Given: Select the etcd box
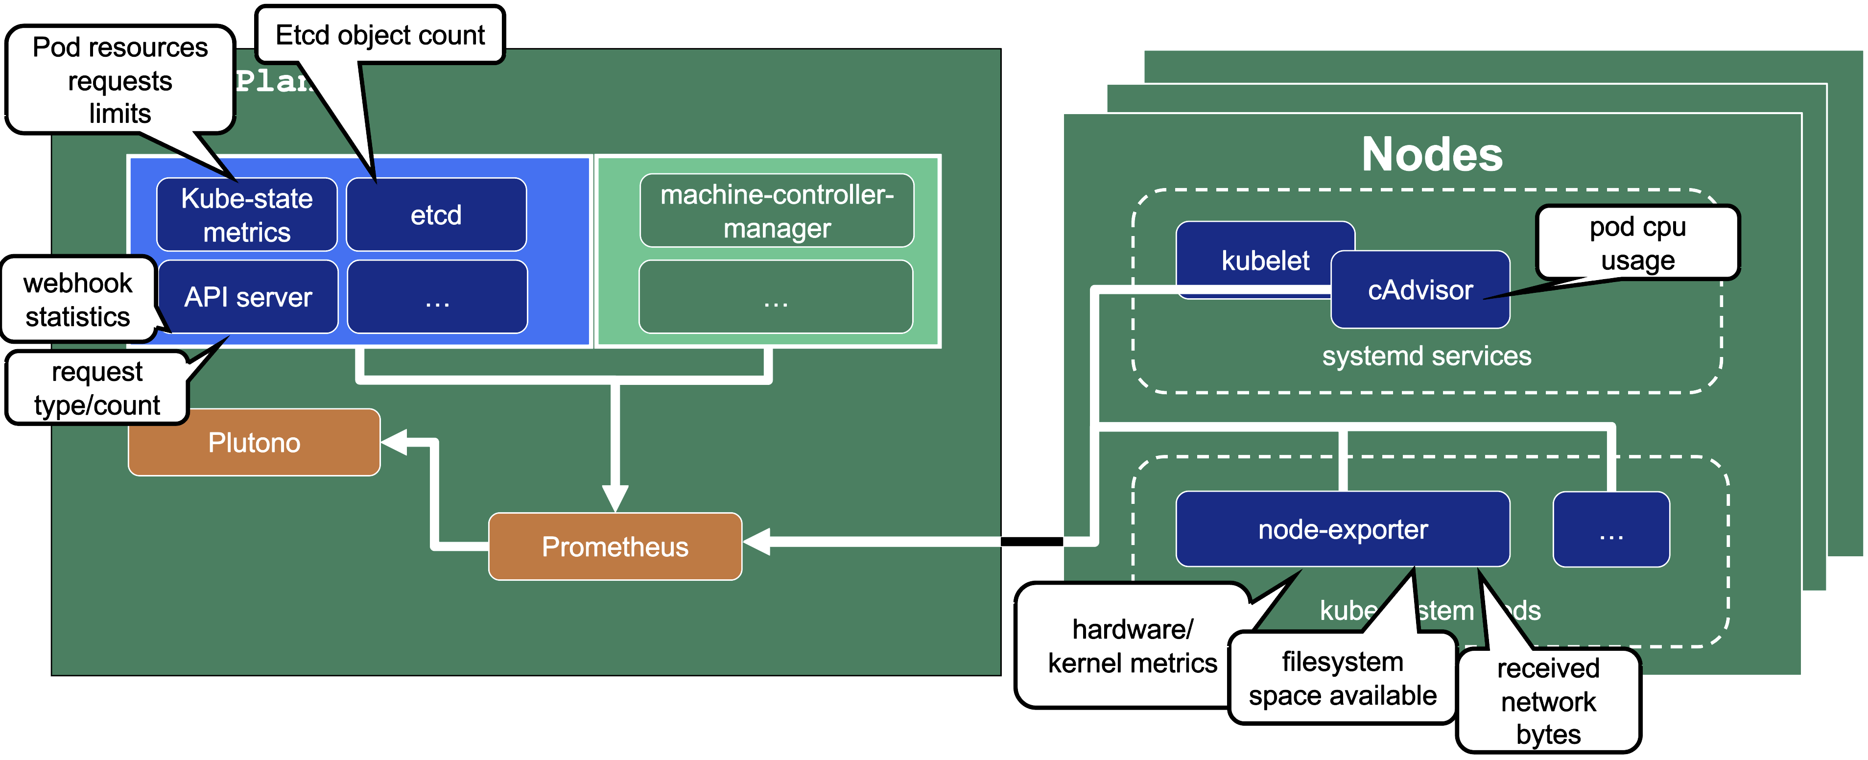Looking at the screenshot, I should tap(436, 214).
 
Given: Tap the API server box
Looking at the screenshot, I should tap(247, 297).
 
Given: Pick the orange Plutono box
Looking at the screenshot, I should tap(254, 442).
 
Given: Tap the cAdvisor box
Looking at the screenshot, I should tap(1420, 290).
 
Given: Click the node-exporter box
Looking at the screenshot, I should tap(1342, 529).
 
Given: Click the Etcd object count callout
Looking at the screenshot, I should tap(380, 35).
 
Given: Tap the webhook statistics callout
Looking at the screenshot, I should tap(77, 300).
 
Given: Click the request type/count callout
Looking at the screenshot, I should tap(96, 388).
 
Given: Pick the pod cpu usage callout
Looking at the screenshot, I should tap(1637, 243).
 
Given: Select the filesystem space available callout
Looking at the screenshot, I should tap(1342, 678).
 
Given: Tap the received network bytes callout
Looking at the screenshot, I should tap(1548, 701).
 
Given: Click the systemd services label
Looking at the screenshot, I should tap(1426, 356).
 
